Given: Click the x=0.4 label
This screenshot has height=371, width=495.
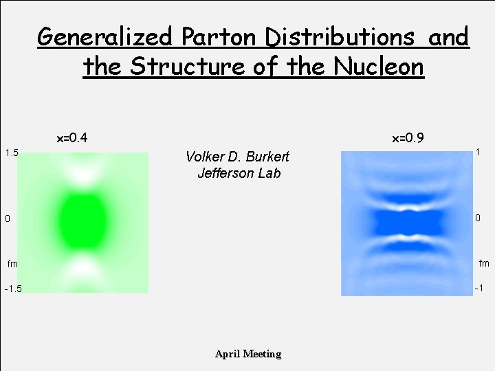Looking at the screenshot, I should [71, 138].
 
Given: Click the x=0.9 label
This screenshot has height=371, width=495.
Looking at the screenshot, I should [408, 138].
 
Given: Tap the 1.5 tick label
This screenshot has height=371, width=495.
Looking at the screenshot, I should [11, 152].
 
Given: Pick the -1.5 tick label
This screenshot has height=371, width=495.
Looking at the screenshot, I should [12, 289].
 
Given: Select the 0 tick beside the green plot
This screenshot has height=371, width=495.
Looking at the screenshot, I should [7, 219].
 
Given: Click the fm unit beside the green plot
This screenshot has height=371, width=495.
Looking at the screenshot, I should [12, 263].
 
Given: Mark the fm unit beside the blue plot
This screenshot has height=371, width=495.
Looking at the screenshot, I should [484, 262].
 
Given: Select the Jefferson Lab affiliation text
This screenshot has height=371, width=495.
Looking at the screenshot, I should [239, 173].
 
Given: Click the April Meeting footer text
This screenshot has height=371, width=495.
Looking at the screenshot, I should [248, 354].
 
